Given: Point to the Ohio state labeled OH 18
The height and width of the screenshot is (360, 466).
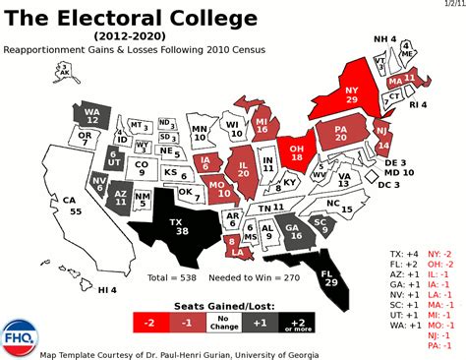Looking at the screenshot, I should pos(296,149).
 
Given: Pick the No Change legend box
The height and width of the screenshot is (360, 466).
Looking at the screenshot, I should pos(224,324).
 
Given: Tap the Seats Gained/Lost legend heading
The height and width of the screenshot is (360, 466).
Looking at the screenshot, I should pos(224,306).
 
